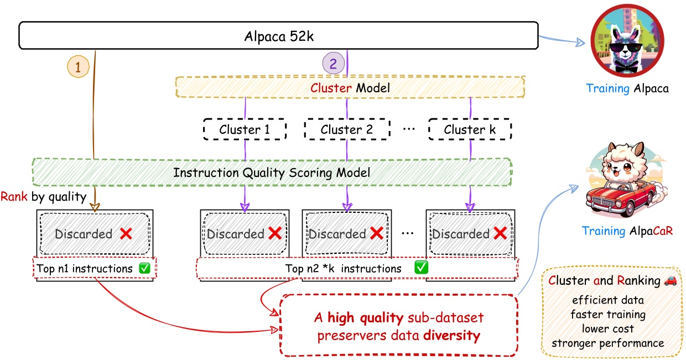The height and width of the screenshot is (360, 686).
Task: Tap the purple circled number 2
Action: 332,64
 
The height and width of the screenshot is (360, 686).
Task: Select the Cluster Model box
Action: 349,87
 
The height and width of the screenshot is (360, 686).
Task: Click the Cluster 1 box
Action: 245,130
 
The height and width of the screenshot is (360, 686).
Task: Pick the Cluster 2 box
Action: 346,130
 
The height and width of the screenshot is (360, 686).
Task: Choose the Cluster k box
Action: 470,130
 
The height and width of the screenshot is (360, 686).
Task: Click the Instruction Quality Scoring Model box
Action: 272,172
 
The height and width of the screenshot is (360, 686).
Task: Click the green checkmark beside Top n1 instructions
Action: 145,268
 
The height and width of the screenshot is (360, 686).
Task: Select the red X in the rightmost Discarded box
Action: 500,233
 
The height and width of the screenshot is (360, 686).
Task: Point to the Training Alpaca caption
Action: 627,88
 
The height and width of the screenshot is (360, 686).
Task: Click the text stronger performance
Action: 607,343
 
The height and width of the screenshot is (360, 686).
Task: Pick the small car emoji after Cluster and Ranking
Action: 669,280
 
